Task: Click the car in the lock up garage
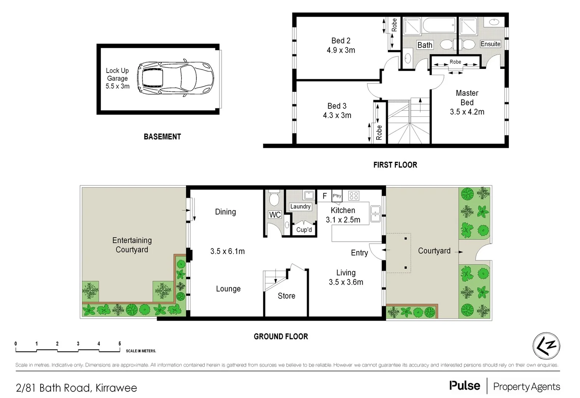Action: tap(175, 78)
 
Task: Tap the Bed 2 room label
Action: tap(341, 41)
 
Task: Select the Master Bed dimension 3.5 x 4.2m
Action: tap(467, 112)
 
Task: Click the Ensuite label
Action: tap(490, 44)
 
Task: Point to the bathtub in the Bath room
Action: tap(439, 25)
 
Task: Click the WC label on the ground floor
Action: tap(275, 215)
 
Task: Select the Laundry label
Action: tap(300, 207)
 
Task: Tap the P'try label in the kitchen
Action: tap(337, 196)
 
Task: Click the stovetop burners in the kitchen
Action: tap(354, 196)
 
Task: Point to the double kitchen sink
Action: tap(375, 214)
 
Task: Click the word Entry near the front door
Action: tap(359, 253)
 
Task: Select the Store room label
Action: tap(286, 296)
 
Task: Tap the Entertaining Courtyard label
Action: tap(132, 245)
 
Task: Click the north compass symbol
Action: tap(546, 346)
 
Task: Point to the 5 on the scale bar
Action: tap(120, 344)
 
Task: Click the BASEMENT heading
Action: tap(162, 137)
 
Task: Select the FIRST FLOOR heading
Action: tap(395, 165)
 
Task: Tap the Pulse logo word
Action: tap(464, 386)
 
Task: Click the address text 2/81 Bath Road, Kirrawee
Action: tap(76, 388)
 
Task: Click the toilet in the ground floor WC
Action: tap(274, 199)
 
